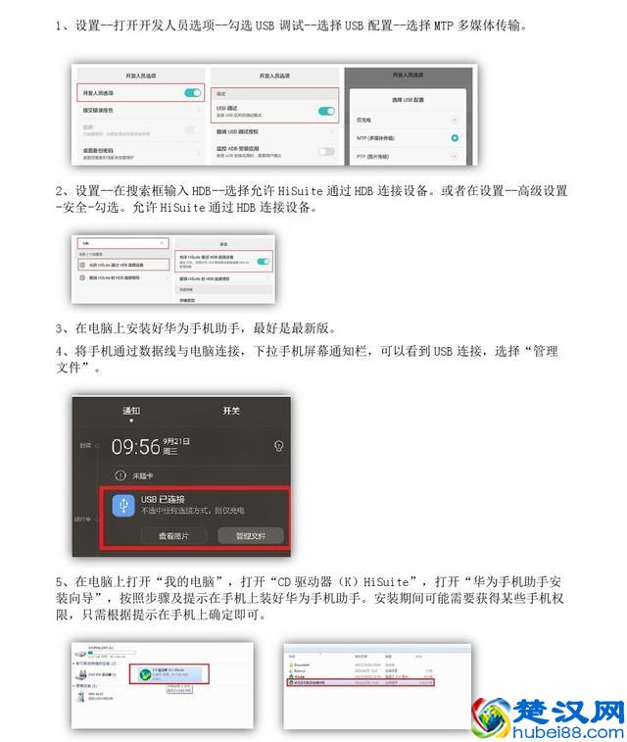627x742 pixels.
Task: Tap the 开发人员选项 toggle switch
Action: pyautogui.click(x=192, y=92)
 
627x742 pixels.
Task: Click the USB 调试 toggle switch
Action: pyautogui.click(x=326, y=111)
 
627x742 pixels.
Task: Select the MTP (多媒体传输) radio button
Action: pyautogui.click(x=455, y=138)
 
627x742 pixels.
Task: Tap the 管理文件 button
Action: pyautogui.click(x=251, y=535)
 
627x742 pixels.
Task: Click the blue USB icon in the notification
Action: pyautogui.click(x=123, y=504)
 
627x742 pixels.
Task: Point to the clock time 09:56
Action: pyautogui.click(x=136, y=447)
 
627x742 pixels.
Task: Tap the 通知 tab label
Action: pyautogui.click(x=131, y=411)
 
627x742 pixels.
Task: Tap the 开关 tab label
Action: pyautogui.click(x=231, y=411)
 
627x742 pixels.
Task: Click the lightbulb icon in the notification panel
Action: pyautogui.click(x=278, y=446)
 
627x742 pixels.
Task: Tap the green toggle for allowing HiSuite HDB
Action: pyautogui.click(x=263, y=262)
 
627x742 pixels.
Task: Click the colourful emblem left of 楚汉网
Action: pyautogui.click(x=494, y=716)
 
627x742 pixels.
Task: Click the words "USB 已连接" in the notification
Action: pyautogui.click(x=164, y=499)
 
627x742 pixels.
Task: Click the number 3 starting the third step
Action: pyautogui.click(x=60, y=329)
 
